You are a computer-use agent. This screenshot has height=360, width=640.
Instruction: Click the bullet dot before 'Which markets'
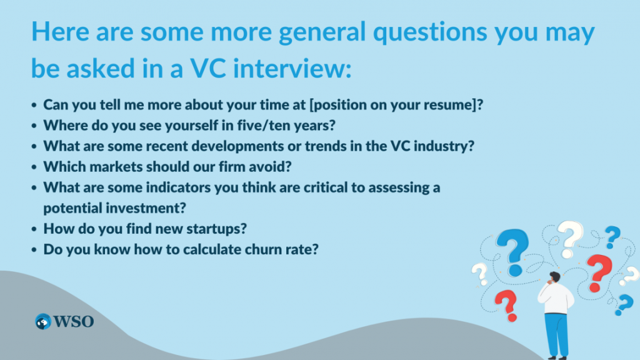(34, 167)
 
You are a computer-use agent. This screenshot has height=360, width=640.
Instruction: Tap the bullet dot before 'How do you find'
(34, 229)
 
